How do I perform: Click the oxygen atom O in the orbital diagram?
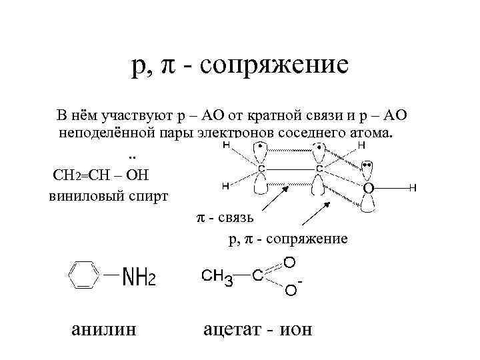[x=367, y=189]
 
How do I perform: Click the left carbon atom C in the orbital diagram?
[x=262, y=170]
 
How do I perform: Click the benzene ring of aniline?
[x=83, y=275]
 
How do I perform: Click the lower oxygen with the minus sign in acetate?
[x=291, y=290]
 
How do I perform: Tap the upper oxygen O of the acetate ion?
[x=289, y=261]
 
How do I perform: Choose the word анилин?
[x=103, y=330]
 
